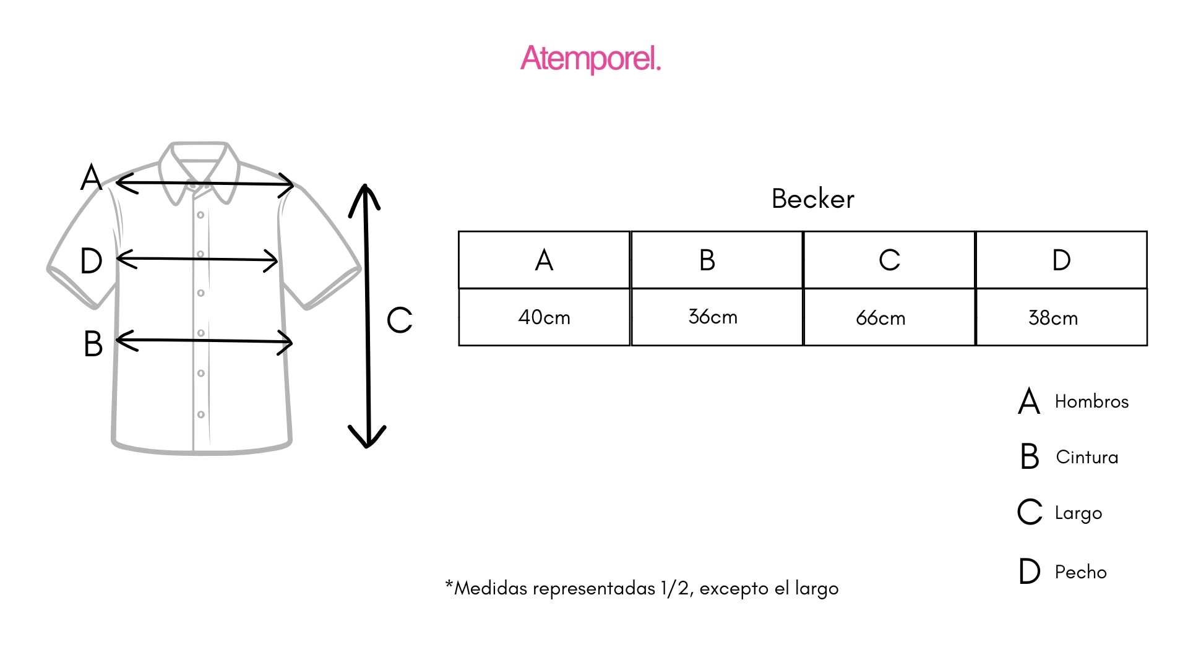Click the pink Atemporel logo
(591, 59)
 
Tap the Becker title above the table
(812, 199)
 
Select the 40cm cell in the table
(544, 317)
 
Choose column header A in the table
(544, 260)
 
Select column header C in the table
(889, 260)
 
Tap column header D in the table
(1061, 260)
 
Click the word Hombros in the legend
(1091, 401)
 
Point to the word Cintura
(1087, 457)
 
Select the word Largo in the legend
(1078, 513)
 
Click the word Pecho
(1080, 572)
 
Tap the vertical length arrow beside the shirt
(367, 315)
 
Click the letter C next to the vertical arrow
(399, 320)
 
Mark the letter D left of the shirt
(91, 261)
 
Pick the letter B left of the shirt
(93, 344)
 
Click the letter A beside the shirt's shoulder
(91, 178)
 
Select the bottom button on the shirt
(200, 414)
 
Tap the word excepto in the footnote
(734, 588)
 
